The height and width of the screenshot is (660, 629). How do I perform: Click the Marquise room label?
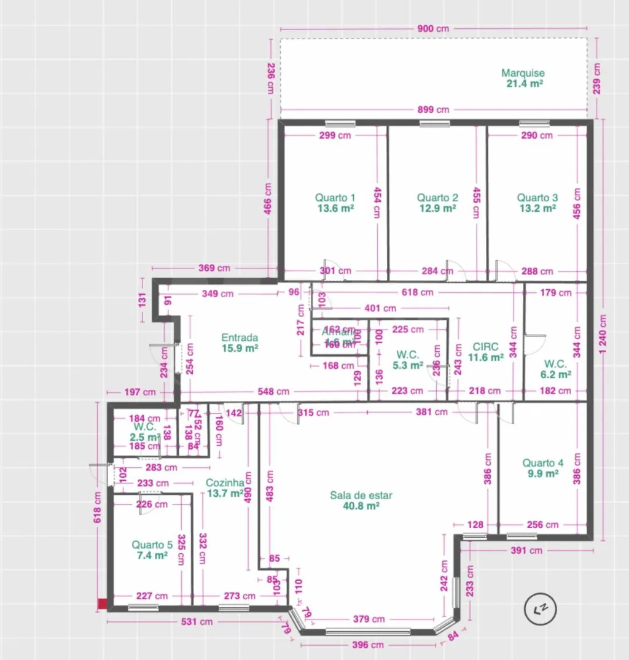523,73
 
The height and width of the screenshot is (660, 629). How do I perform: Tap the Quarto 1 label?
335,198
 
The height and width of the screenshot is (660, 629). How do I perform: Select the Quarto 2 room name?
437,198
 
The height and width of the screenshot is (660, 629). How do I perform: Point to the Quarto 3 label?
537,198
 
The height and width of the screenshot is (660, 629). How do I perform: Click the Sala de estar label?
361,495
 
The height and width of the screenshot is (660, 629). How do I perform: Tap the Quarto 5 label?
152,545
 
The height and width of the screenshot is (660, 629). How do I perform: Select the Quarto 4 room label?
542,463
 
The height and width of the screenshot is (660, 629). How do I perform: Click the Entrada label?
240,337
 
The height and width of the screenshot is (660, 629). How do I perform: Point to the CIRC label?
485,346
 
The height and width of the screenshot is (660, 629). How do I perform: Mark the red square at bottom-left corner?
103,605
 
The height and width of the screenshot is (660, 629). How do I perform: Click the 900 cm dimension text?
433,29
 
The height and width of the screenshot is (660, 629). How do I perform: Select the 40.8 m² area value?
361,507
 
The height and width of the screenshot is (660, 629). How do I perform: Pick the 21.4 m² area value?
523,83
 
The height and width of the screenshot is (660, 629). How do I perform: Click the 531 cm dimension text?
197,621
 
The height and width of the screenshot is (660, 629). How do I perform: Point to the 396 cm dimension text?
369,645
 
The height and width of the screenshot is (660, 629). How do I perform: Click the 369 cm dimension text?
214,268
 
